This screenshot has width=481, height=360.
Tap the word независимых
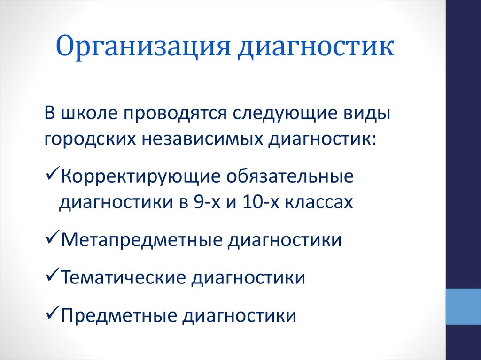(202, 139)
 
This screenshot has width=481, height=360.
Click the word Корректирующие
(141, 177)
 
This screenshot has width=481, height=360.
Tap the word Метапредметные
(141, 240)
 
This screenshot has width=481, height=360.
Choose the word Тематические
(124, 277)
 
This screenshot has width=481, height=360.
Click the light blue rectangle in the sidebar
(463, 306)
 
